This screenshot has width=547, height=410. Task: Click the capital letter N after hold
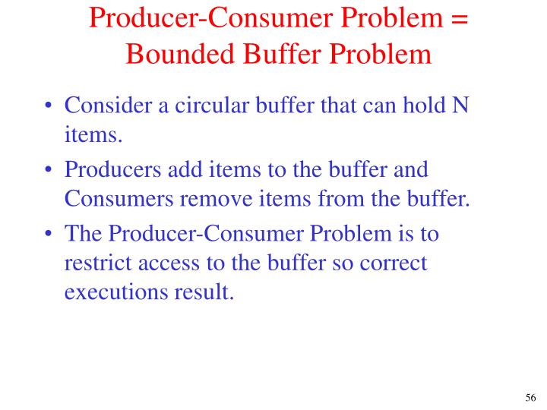click(x=460, y=107)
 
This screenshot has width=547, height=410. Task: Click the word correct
click(x=397, y=263)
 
